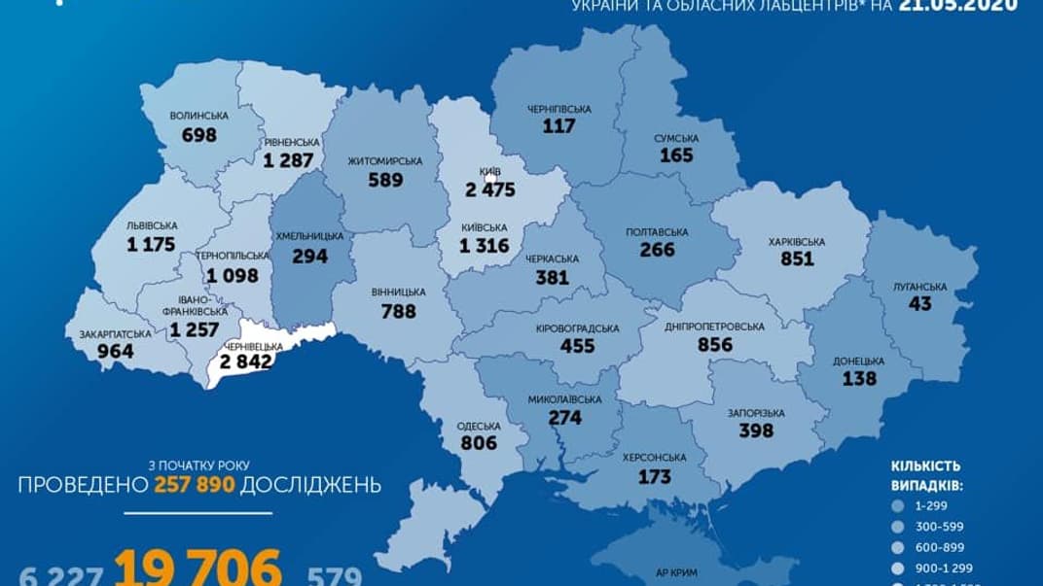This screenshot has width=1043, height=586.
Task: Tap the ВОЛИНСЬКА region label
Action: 198,116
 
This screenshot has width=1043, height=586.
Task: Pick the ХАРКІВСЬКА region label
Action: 796,242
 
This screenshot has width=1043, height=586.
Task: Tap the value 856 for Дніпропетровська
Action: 717,344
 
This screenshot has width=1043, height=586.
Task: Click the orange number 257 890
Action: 194,485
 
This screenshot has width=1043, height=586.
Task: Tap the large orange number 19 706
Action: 198,567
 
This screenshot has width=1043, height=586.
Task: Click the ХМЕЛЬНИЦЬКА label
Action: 310,236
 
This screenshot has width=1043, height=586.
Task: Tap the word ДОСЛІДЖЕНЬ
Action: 311,485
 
